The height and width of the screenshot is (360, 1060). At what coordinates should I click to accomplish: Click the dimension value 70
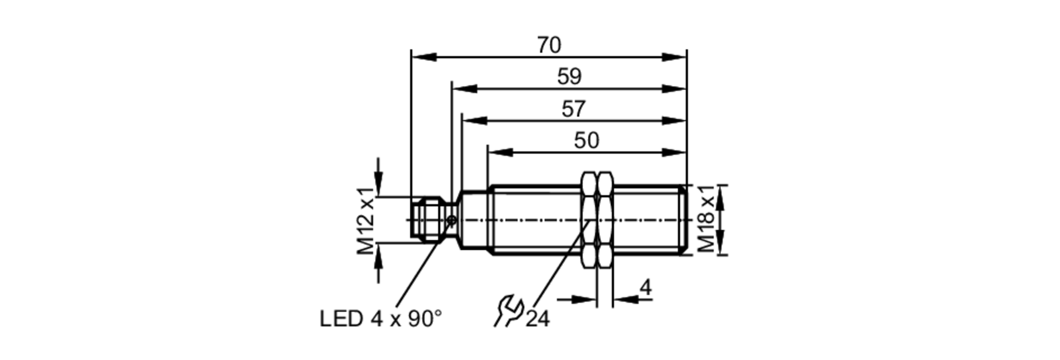[x=549, y=45]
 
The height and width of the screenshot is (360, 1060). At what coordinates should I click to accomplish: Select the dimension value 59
[x=569, y=77]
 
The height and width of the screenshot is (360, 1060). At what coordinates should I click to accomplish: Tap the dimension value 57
[x=573, y=109]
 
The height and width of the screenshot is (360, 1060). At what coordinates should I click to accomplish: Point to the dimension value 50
[x=586, y=141]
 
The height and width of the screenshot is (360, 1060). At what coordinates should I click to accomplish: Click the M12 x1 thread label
[x=366, y=221]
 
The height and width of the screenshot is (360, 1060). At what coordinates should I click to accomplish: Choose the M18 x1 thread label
[x=706, y=219]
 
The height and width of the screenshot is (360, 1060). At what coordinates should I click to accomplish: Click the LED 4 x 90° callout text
[x=381, y=319]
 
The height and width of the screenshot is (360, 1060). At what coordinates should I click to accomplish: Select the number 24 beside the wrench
[x=537, y=319]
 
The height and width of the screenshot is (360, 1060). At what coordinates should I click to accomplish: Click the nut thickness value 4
[x=645, y=288]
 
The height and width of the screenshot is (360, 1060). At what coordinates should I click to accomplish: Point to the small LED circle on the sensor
[x=452, y=220]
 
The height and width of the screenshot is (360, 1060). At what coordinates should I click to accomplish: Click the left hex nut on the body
[x=589, y=219]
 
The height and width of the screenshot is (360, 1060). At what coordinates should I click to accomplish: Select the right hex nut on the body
[x=605, y=219]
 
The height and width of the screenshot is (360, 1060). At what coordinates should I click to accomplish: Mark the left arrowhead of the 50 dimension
[x=500, y=153]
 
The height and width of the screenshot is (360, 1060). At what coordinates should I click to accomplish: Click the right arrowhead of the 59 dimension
[x=674, y=89]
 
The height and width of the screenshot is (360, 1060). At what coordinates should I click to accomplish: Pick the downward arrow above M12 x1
[x=378, y=178]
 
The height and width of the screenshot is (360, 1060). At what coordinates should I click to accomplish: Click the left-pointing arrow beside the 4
[x=626, y=300]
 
